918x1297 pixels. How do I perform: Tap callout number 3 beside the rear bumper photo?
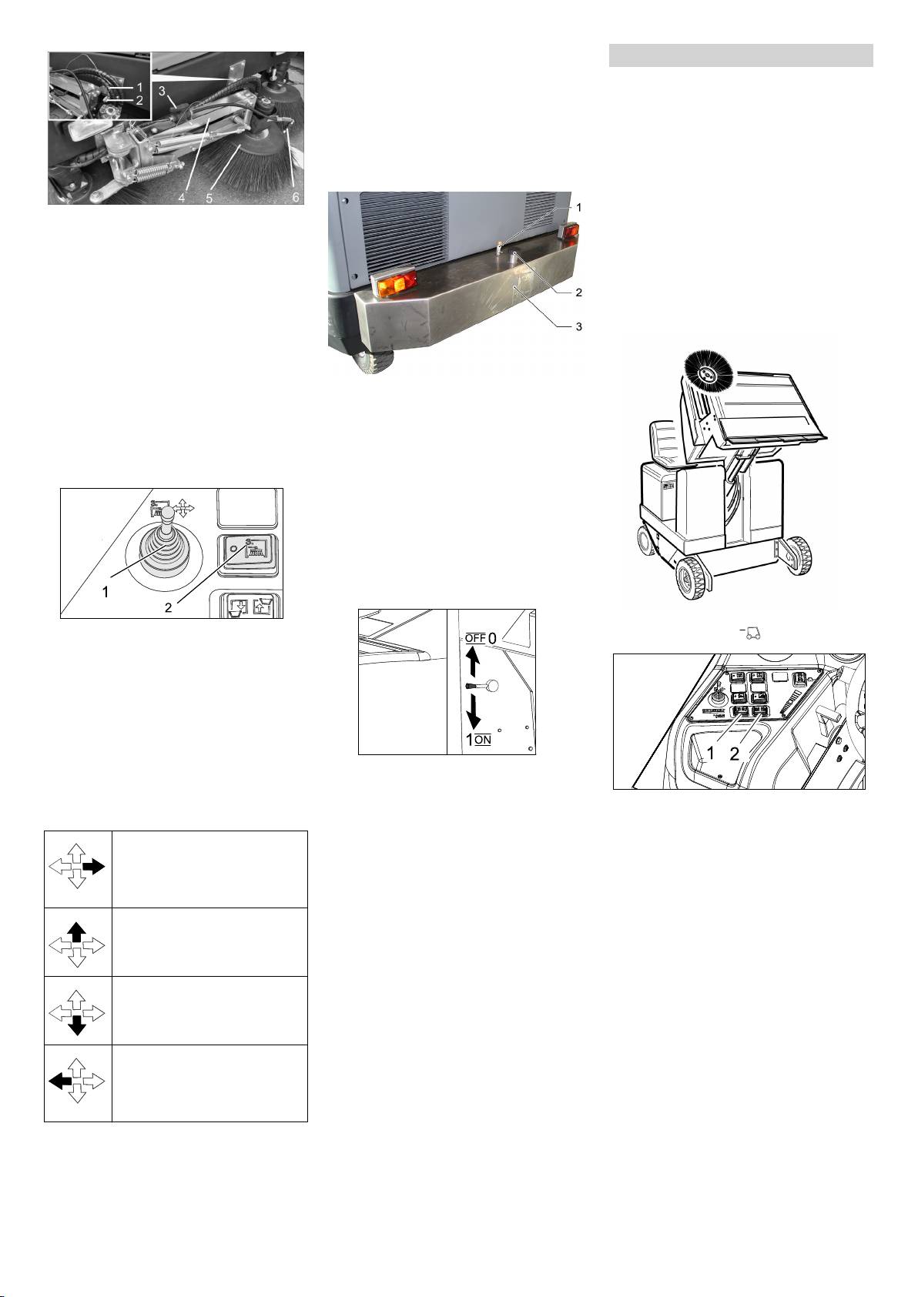[578, 327]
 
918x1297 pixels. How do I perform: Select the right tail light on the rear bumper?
[568, 230]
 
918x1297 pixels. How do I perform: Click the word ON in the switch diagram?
[483, 740]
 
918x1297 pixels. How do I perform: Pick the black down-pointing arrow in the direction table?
[77, 1028]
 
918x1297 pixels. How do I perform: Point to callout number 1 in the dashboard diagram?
[713, 754]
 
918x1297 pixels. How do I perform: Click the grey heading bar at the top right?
[741, 56]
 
